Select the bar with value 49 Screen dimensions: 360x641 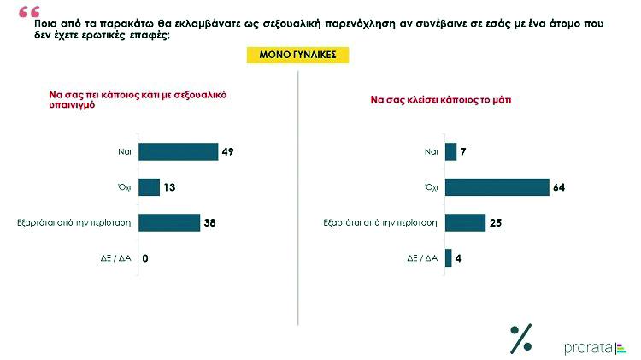click(178, 152)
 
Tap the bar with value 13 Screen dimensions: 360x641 click(149, 187)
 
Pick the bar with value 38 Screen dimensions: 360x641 click(168, 222)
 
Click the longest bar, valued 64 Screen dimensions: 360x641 click(497, 187)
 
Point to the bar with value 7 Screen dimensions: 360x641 click(450, 152)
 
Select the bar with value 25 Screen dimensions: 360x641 click(465, 222)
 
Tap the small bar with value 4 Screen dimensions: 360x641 click(448, 258)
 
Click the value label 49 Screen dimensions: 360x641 click(228, 152)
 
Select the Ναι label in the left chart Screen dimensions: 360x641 click(123, 152)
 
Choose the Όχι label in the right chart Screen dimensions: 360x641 click(431, 187)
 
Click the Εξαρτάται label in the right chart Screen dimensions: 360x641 click(380, 222)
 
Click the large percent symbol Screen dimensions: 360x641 click(520, 339)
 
